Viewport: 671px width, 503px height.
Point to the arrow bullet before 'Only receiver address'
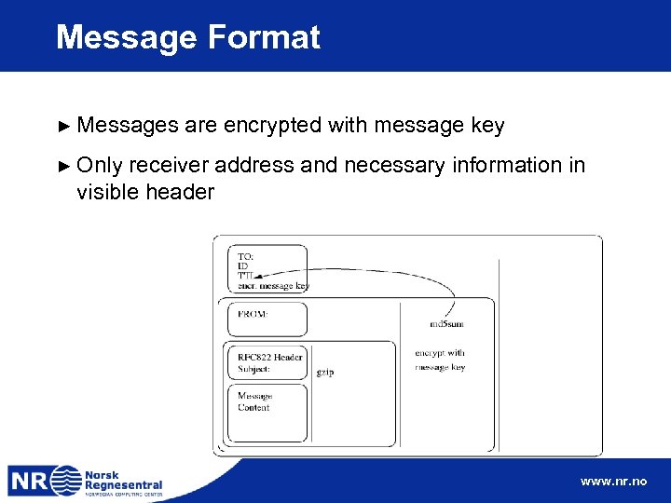click(63, 166)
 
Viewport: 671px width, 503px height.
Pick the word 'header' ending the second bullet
click(182, 192)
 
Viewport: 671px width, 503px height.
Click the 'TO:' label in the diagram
click(245, 256)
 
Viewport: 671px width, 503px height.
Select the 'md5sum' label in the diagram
click(446, 324)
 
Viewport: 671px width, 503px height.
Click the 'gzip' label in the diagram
click(325, 372)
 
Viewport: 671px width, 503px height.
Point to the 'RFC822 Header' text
click(269, 357)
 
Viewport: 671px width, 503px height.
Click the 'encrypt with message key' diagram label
click(440, 360)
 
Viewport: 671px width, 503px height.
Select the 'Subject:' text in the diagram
click(254, 369)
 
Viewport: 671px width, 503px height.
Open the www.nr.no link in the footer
click(612, 482)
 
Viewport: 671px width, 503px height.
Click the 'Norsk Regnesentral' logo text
click(123, 479)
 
